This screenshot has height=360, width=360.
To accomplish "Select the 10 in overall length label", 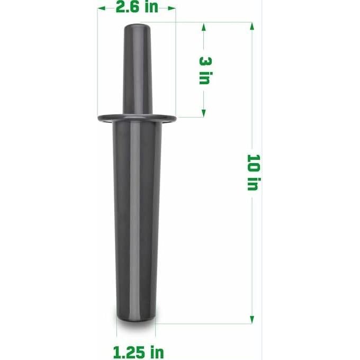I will click(x=253, y=172).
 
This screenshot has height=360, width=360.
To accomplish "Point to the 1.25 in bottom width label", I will click(x=138, y=352).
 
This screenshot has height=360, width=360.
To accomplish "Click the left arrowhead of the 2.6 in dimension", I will click(x=100, y=8).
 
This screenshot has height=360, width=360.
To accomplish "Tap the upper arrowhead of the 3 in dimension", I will click(x=204, y=26).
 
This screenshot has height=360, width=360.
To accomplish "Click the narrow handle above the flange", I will click(x=137, y=69).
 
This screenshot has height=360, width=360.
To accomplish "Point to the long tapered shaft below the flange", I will click(x=136, y=222).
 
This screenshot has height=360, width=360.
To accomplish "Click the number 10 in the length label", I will click(x=253, y=162).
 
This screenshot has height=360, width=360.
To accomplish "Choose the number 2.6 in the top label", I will click(x=129, y=8).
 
